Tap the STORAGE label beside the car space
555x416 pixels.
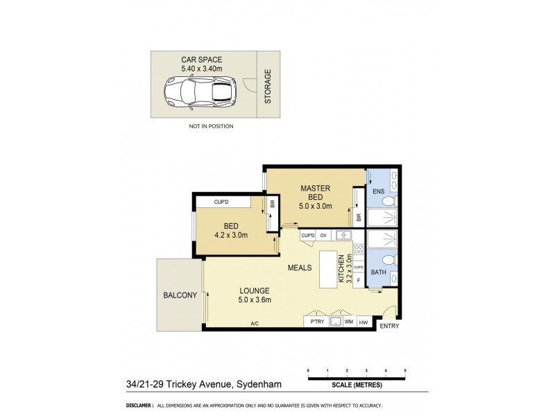point(268,86)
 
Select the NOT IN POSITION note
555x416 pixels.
point(211,127)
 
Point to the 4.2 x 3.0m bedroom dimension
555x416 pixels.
point(230,235)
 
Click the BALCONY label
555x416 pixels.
point(180,295)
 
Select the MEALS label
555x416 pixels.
point(300,266)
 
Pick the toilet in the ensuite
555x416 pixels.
point(389,201)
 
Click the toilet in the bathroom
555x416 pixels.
point(389,261)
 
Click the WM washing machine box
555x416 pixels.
point(349,322)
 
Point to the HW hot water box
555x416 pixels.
point(363,322)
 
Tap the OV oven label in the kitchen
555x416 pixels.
point(323,236)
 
